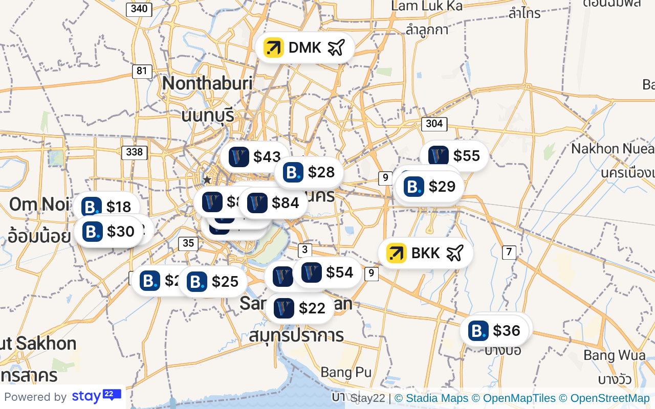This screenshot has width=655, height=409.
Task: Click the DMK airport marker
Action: pyautogui.click(x=305, y=48)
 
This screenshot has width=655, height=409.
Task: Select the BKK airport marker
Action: pyautogui.click(x=425, y=253)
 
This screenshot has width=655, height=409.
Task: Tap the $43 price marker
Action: pyautogui.click(x=256, y=157)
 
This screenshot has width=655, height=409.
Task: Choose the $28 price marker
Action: pyautogui.click(x=309, y=172)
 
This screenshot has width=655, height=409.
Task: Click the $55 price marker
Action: pyautogui.click(x=454, y=156)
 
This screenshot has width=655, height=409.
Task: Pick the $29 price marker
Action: pyautogui.click(x=430, y=187)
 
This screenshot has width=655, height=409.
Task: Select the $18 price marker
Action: pyautogui.click(x=106, y=207)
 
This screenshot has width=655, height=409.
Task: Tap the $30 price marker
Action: pyautogui.click(x=108, y=232)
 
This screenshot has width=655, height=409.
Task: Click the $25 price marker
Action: pyautogui.click(x=213, y=282)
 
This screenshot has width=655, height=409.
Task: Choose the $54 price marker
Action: pyautogui.click(x=327, y=272)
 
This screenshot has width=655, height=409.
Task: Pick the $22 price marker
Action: pyautogui.click(x=300, y=308)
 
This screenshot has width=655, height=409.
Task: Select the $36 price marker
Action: pyautogui.click(x=494, y=331)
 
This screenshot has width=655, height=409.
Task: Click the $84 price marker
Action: pyautogui.click(x=273, y=203)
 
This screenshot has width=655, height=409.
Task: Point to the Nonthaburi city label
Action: pyautogui.click(x=207, y=83)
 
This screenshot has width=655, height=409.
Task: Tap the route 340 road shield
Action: pyautogui.click(x=139, y=9)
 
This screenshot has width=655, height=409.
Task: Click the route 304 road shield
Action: pyautogui.click(x=434, y=124)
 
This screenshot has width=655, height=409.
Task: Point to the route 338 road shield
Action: pyautogui.click(x=135, y=152)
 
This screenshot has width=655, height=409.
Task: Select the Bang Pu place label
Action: pyautogui.click(x=346, y=372)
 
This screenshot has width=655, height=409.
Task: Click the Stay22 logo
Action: pyautogui.click(x=96, y=396)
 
